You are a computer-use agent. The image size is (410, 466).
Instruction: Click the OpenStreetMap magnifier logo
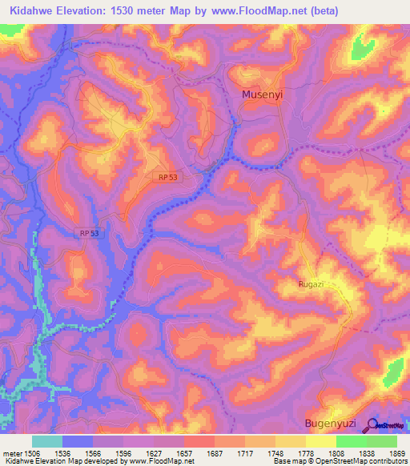(x=374, y=425)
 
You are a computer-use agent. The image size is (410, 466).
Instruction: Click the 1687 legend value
(x=214, y=452)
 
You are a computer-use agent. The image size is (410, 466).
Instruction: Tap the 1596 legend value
(x=123, y=452)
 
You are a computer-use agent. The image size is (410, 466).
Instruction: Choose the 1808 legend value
(x=336, y=452)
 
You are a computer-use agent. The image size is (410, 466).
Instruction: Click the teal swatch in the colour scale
(x=47, y=441)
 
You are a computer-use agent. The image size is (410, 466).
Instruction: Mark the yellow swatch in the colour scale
(x=320, y=441)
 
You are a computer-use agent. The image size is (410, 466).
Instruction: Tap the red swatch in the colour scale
(x=199, y=441)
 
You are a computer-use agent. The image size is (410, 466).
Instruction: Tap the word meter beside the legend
(x=11, y=452)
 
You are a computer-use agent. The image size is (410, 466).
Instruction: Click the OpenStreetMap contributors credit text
(x=363, y=461)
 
